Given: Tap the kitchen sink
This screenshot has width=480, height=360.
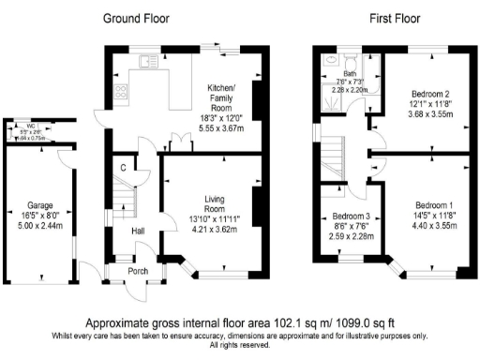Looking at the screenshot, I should pyautogui.click(x=147, y=62).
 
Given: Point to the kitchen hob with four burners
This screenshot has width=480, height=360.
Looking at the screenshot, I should pyautogui.click(x=120, y=91).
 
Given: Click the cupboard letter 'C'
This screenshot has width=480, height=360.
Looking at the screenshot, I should pyautogui.click(x=123, y=168).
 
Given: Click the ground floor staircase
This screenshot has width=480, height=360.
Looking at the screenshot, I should pyautogui.click(x=120, y=201).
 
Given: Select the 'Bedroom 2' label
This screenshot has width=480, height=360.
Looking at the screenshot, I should pyautogui.click(x=431, y=94).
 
